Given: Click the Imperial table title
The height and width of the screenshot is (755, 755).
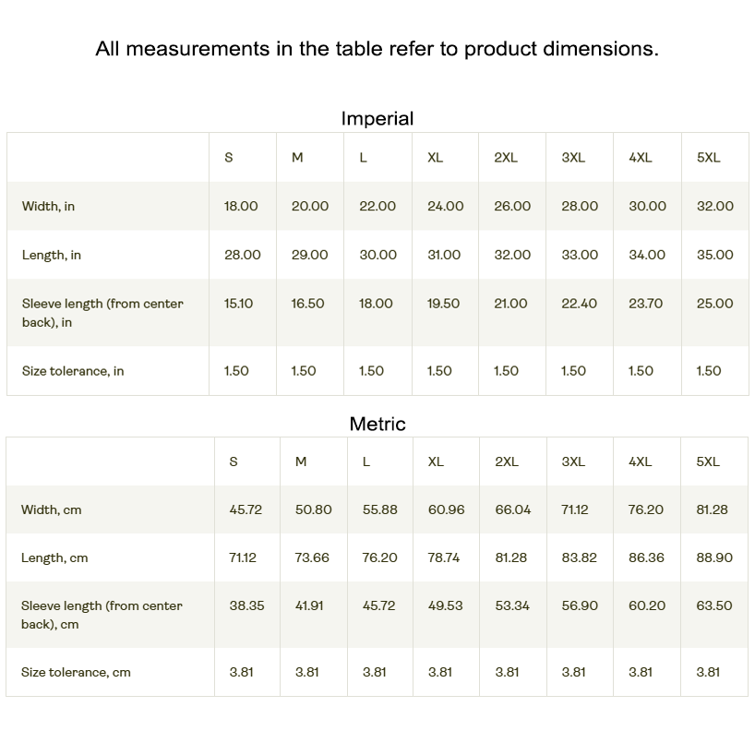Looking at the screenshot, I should (377, 118).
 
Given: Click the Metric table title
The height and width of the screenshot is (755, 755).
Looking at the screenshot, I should (377, 424).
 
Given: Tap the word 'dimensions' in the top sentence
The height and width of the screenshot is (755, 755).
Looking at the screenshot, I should (600, 49).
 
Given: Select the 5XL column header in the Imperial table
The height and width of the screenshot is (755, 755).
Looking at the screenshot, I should (708, 158).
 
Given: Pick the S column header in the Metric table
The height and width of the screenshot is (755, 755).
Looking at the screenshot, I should (234, 461).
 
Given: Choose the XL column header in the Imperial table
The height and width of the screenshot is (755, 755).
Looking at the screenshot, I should (435, 158).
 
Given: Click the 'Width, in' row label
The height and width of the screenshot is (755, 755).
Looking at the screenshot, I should (48, 207).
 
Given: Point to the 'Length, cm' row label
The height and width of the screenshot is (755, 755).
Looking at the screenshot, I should (54, 558).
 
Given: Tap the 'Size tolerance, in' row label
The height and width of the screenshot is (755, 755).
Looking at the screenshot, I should (73, 371).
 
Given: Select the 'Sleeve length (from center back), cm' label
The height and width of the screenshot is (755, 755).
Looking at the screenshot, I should (102, 615).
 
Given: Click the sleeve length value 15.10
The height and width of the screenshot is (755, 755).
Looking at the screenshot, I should (238, 304).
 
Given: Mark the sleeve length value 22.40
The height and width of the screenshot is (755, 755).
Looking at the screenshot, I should (579, 304).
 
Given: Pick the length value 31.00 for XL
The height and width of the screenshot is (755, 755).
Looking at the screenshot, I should (444, 255).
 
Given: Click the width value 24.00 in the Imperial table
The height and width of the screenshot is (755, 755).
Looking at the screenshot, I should (445, 207).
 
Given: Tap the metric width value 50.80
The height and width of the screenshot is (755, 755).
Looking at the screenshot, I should (313, 509).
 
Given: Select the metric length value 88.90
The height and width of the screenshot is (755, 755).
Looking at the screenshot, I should (713, 558).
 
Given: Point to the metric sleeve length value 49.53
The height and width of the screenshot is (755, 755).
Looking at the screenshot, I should (446, 606).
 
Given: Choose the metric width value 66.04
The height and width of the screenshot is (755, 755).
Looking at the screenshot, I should (513, 509).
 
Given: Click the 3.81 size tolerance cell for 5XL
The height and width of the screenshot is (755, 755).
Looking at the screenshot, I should (708, 673).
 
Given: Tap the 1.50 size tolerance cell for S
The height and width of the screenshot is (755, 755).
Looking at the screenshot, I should (236, 371).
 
